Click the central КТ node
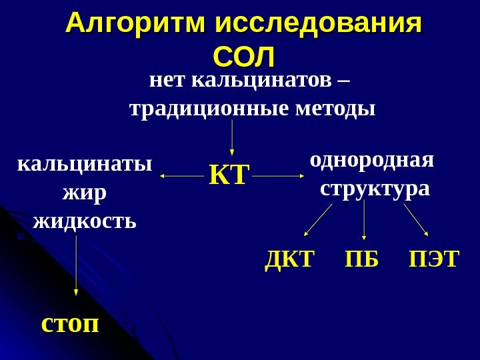coord(228,177)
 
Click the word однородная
coord(372,161)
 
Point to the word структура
coord(375,189)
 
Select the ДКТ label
coord(289,259)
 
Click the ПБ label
coord(361,259)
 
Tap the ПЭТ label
coord(434,259)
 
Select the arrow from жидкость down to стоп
coord(76,264)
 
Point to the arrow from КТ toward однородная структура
coord(279,177)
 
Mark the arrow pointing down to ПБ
coord(364,220)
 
